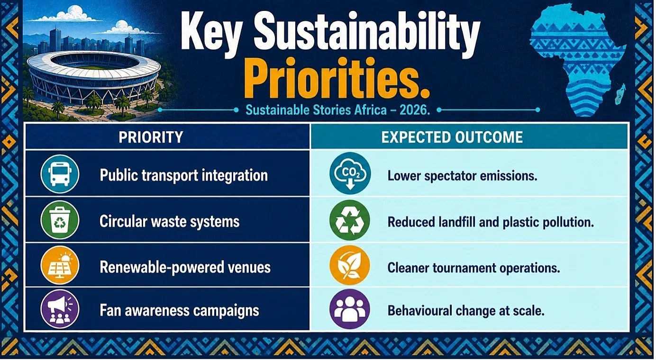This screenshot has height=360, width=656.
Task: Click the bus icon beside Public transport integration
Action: click(60, 174)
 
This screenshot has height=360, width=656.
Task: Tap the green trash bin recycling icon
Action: click(60, 220)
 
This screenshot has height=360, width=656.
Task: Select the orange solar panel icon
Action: click(60, 266)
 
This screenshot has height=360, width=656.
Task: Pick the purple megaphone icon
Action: click(60, 309)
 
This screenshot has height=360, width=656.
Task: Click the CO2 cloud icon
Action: click(350, 173)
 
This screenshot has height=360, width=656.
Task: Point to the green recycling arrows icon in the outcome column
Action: click(350, 220)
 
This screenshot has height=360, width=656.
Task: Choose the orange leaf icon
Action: click(350, 265)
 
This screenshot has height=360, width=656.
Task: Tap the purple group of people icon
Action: click(350, 309)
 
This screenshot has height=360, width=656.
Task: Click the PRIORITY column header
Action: click(151, 137)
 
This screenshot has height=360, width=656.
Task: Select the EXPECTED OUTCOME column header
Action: click(452, 137)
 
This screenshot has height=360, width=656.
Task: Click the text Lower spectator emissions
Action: click(463, 176)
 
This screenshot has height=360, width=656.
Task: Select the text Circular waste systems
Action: click(170, 221)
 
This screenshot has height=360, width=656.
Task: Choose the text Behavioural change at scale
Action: click(466, 311)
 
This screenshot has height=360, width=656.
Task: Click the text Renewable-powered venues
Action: click(185, 267)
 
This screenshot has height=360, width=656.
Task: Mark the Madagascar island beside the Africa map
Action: click(620, 94)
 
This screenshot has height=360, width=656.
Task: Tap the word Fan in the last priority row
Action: click(110, 311)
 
